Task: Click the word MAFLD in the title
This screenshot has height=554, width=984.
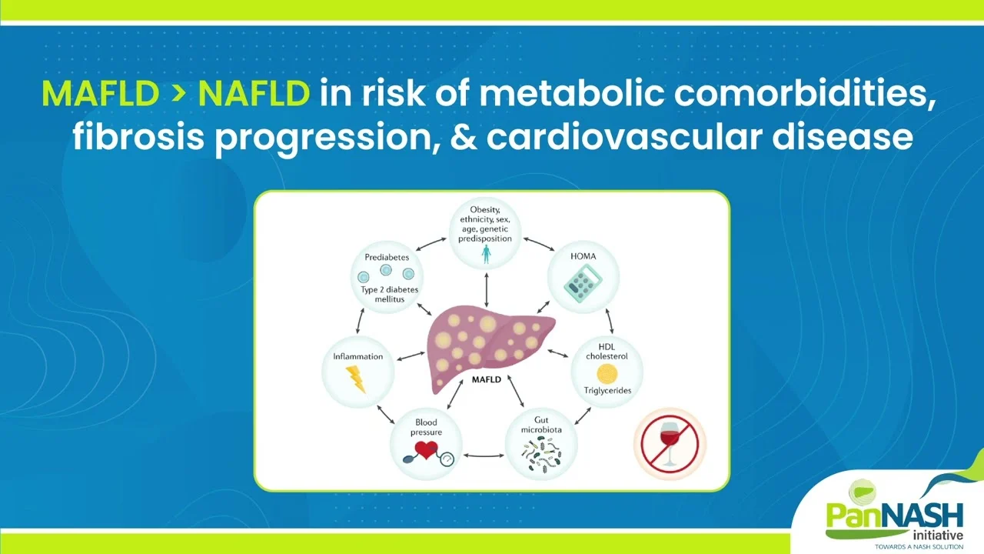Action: pyautogui.click(x=100, y=94)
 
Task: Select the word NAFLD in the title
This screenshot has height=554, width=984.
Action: pyautogui.click(x=254, y=94)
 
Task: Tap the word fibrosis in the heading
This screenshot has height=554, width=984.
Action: pyautogui.click(x=138, y=136)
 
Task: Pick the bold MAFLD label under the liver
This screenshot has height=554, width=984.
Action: pyautogui.click(x=487, y=379)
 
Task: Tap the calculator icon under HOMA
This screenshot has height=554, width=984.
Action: pyautogui.click(x=583, y=285)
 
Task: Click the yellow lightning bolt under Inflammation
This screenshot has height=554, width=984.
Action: pyautogui.click(x=356, y=379)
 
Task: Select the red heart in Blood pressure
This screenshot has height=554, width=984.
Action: pyautogui.click(x=426, y=450)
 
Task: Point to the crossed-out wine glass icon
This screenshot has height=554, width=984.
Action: pyautogui.click(x=670, y=444)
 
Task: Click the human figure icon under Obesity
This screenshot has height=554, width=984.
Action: pyautogui.click(x=485, y=254)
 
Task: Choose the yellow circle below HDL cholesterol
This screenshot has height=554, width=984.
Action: pyautogui.click(x=607, y=374)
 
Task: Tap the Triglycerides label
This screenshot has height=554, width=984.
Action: pyautogui.click(x=607, y=390)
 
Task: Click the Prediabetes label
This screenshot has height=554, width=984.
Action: pyautogui.click(x=387, y=257)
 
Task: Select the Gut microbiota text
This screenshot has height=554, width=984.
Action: pyautogui.click(x=541, y=425)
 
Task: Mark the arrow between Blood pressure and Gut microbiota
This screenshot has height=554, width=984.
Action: pyautogui.click(x=484, y=456)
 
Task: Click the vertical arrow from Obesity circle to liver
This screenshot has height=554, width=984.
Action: pyautogui.click(x=487, y=290)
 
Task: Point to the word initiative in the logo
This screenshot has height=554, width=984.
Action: pyautogui.click(x=938, y=535)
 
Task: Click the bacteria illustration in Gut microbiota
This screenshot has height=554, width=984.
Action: pyautogui.click(x=540, y=456)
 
